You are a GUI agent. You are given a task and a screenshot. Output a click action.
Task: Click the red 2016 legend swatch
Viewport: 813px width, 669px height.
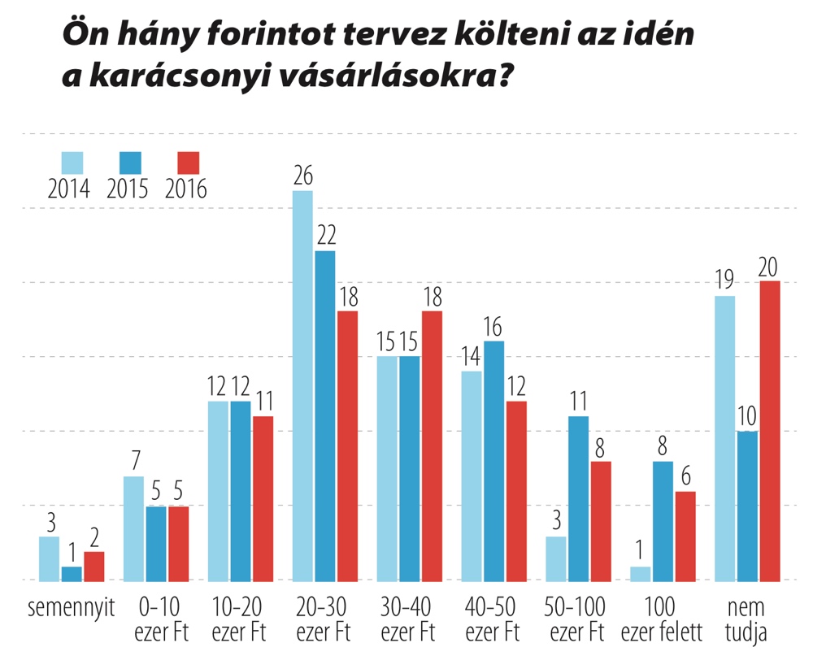tap(188, 162)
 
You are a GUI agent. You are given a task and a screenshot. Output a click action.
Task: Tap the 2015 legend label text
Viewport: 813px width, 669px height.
tap(128, 189)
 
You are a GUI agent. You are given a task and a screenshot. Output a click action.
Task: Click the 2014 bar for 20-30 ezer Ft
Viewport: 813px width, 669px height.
tap(302, 385)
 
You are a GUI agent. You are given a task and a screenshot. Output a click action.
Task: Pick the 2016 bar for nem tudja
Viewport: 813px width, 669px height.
tap(769, 430)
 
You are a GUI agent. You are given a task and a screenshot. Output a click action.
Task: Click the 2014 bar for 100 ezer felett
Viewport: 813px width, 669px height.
tap(641, 573)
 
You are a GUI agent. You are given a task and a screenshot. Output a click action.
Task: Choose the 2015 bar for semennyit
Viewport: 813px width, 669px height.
tap(72, 573)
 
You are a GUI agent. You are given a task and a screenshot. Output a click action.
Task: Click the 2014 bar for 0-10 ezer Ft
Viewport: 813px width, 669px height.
tap(134, 528)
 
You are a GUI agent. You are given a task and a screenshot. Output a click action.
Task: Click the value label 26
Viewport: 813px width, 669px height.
tap(302, 176)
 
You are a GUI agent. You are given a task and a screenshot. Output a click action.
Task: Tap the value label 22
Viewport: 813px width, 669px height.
tap(325, 236)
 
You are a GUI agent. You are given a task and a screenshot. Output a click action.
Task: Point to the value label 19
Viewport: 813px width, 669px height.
tap(725, 281)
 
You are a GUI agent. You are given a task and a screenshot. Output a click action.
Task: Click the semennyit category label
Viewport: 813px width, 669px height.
tap(72, 607)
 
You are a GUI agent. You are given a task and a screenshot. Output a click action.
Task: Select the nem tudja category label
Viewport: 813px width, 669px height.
tap(747, 619)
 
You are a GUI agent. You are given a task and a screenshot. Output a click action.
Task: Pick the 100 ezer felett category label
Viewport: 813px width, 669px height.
tap(661, 619)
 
